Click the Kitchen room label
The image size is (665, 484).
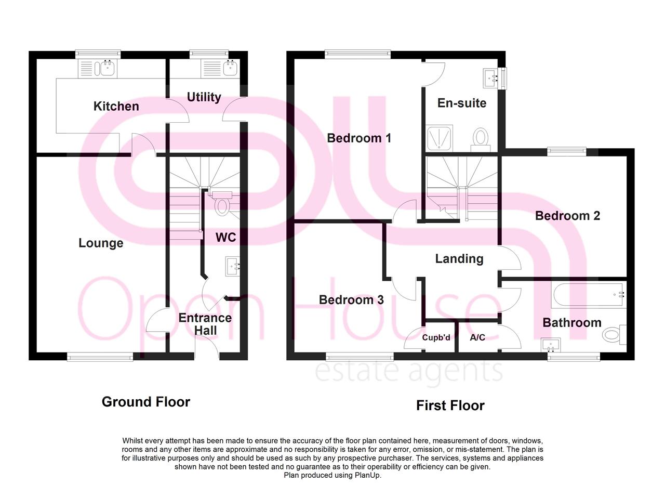[x=116, y=106]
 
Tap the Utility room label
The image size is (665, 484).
[x=204, y=97]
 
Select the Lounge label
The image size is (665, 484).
[x=101, y=243]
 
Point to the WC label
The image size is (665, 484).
[x=225, y=237]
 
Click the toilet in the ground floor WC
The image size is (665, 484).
[x=222, y=204]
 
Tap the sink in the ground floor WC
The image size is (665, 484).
[x=232, y=266]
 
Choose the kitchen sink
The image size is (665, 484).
[x=108, y=68]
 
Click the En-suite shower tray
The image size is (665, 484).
[x=440, y=138]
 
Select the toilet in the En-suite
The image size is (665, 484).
[x=481, y=138]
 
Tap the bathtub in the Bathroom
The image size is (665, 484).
[x=589, y=294]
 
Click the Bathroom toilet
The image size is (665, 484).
[x=614, y=334]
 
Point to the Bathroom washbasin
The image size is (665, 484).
[x=550, y=344]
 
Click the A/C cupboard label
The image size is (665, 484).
[x=477, y=337]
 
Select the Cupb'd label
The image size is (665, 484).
[x=436, y=337]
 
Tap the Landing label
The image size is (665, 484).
[x=459, y=258]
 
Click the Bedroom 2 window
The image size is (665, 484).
[x=566, y=151]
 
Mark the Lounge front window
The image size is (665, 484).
[x=100, y=356]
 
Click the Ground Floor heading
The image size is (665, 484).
[x=146, y=401]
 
